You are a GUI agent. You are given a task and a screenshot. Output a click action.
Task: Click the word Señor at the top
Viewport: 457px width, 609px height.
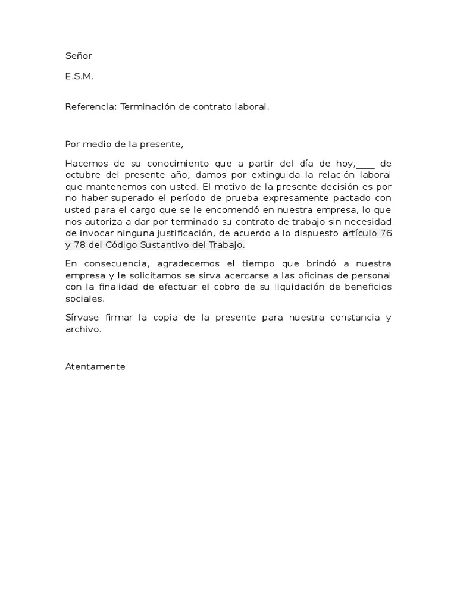[79, 56]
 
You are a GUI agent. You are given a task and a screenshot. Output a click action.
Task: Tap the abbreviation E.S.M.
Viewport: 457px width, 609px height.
[79, 76]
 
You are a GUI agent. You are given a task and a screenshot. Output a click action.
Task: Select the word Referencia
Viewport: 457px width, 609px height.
[91, 107]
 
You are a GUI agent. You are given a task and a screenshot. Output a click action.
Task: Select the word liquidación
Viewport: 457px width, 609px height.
[288, 287]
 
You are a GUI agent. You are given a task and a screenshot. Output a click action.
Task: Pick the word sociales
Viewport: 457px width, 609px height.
[84, 298]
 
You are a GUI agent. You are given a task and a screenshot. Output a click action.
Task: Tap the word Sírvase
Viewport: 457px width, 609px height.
[82, 318]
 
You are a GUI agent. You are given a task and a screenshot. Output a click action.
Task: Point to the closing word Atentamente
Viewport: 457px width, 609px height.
[95, 367]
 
